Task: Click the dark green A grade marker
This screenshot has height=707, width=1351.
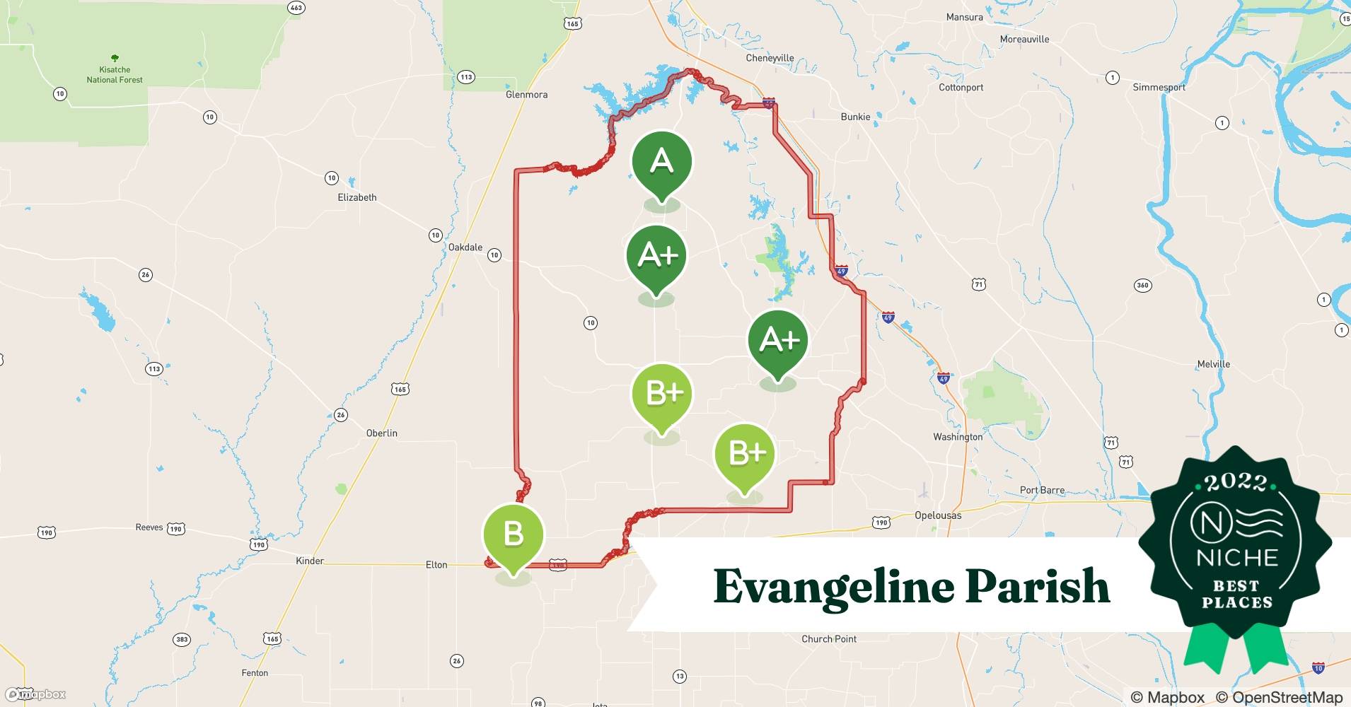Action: (661, 162)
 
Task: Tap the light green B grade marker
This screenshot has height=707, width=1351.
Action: (513, 534)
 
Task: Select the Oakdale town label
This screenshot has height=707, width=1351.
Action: (465, 247)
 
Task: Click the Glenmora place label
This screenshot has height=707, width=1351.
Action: (526, 95)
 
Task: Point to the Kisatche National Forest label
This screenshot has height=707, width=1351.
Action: (115, 74)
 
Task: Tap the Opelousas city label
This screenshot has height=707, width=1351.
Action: (938, 515)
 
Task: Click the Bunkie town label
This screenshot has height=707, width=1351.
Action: (855, 117)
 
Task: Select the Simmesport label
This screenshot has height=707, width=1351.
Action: (1159, 88)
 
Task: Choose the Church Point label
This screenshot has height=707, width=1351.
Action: (828, 639)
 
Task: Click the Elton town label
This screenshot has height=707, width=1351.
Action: (436, 565)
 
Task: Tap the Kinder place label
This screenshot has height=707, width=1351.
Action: (310, 561)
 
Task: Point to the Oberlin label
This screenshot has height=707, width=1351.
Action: (381, 433)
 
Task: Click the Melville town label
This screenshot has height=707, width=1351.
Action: (1213, 364)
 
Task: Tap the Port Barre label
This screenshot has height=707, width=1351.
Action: (1042, 490)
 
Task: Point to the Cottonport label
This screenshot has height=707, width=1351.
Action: (961, 88)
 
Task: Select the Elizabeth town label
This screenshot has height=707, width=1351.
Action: (356, 198)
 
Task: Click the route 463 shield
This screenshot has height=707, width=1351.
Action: (296, 8)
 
